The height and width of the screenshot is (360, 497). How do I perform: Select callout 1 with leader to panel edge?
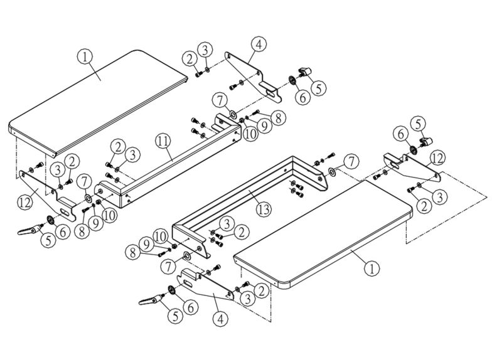(x=372, y=269)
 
